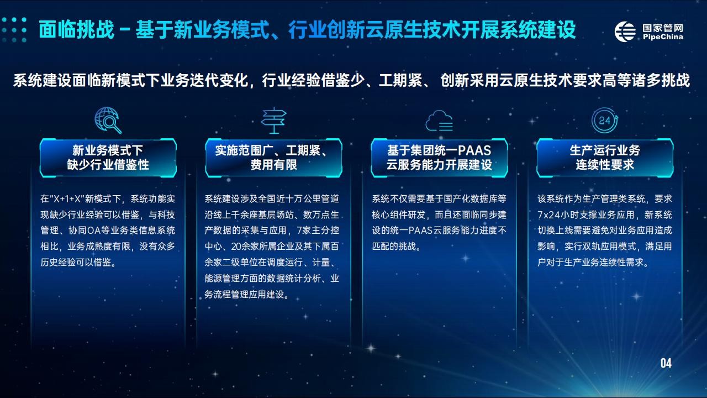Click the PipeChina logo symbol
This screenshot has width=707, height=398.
click(x=625, y=32)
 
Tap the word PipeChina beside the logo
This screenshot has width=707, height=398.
click(x=663, y=37)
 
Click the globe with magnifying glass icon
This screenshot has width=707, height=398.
click(x=108, y=120)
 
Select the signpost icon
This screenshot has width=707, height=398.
click(x=273, y=121)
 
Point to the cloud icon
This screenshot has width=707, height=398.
click(x=439, y=121)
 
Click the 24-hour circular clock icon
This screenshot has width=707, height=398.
click(x=605, y=121)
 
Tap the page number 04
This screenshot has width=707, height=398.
click(x=666, y=363)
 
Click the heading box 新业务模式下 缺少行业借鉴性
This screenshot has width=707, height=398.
click(x=108, y=158)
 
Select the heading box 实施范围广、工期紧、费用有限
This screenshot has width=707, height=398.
click(x=273, y=158)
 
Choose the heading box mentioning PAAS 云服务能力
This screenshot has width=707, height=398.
click(x=439, y=158)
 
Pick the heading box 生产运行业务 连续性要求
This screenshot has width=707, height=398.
click(x=605, y=158)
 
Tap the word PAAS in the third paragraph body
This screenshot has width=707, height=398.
click(x=420, y=231)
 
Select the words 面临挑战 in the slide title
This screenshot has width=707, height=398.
click(x=76, y=30)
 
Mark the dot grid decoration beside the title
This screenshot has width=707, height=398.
click(x=14, y=30)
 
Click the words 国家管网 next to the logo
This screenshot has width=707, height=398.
click(x=663, y=28)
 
